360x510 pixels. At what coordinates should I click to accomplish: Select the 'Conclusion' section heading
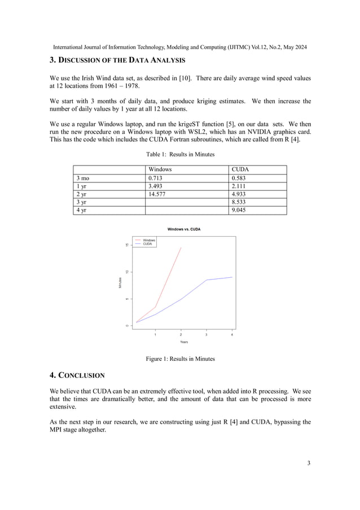77,375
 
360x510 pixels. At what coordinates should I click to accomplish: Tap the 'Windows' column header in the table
160,169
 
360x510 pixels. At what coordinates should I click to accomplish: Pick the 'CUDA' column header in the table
240,169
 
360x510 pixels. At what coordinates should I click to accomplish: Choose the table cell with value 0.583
240,177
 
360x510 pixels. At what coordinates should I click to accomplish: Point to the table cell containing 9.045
240,210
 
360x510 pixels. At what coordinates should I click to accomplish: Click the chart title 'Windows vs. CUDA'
183,229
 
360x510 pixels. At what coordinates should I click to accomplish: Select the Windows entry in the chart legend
148,240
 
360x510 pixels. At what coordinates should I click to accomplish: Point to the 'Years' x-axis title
184,342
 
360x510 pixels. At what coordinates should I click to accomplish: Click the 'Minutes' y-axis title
120,284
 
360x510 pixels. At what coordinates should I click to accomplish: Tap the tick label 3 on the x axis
207,334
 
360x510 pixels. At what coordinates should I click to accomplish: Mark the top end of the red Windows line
181,247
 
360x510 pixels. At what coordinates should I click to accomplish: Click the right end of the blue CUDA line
232,277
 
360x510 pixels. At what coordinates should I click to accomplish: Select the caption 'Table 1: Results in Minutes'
180,154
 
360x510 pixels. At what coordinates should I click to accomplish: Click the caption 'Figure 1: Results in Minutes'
180,359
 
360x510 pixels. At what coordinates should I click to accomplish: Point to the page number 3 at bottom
309,464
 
